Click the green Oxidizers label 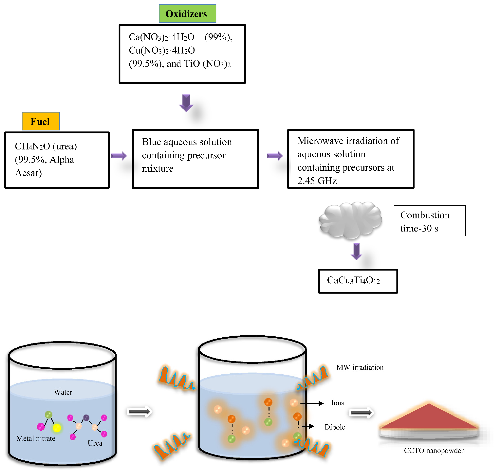(x=187, y=14)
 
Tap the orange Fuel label (x=41, y=121)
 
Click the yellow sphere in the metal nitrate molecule (x=57, y=428)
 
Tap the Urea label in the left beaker (x=95, y=443)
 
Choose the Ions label (x=337, y=403)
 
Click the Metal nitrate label (x=36, y=439)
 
